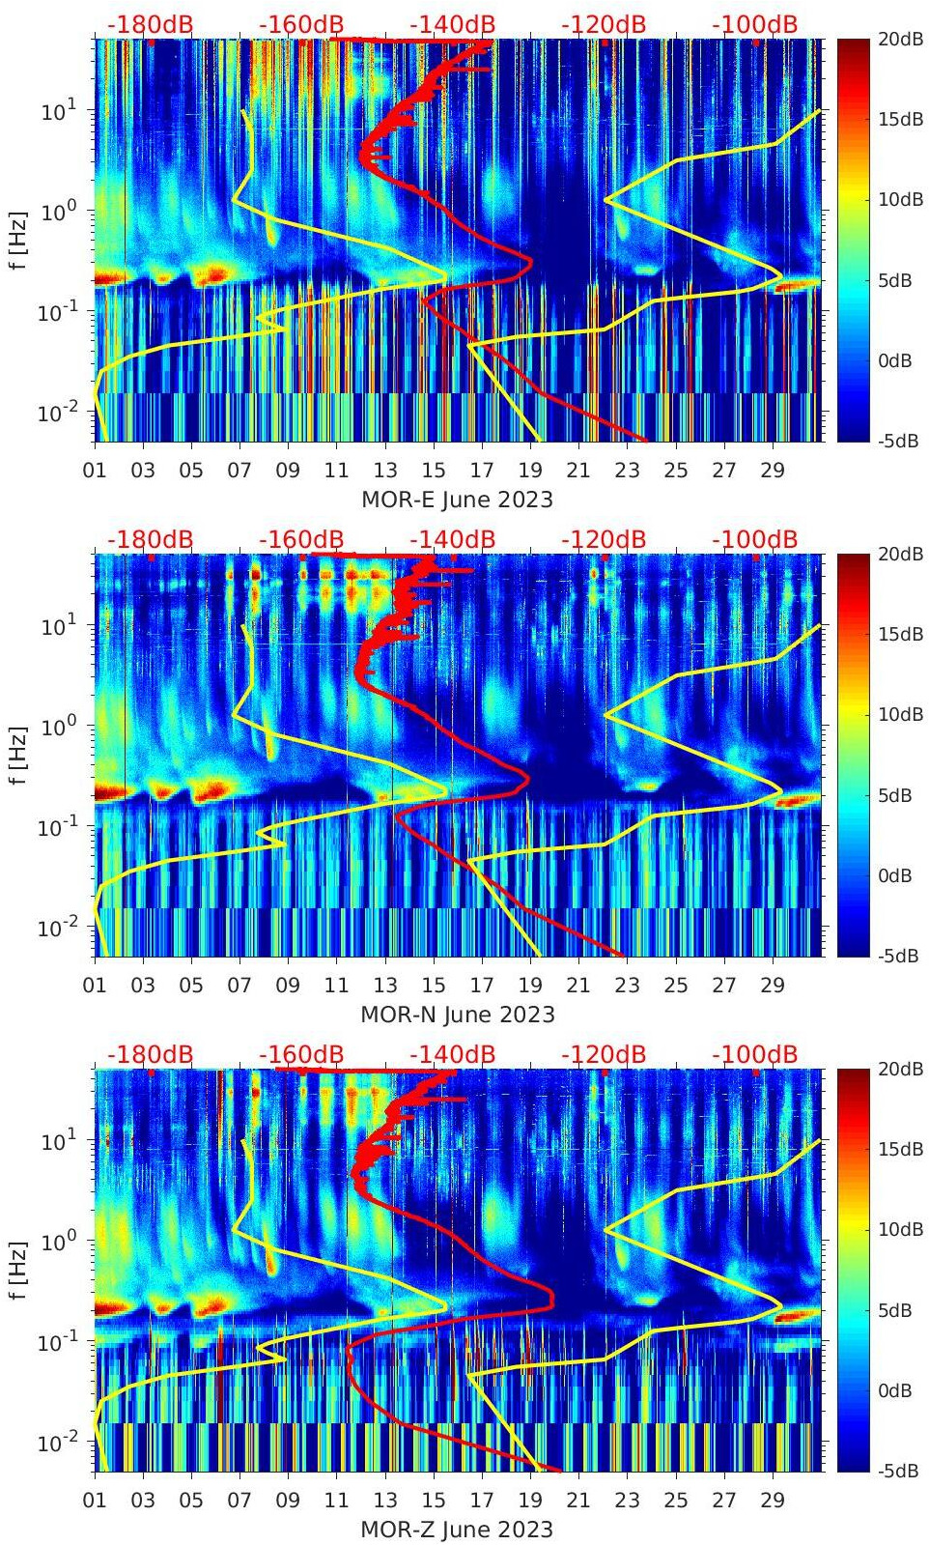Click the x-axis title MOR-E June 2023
click(457, 500)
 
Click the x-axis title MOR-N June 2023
click(457, 1015)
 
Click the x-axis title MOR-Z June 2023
click(457, 1530)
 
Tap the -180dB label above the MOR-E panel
click(150, 24)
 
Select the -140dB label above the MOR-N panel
click(452, 539)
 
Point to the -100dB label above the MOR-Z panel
click(755, 1054)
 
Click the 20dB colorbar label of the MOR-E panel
click(899, 39)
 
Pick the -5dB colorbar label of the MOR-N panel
click(899, 956)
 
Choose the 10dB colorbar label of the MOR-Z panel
click(899, 1229)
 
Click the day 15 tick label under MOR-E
click(434, 471)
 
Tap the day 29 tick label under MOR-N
click(773, 986)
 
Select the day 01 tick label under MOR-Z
click(95, 1501)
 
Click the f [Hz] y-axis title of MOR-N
click(16, 755)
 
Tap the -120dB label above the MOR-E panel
click(604, 24)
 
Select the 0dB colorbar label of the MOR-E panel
click(899, 360)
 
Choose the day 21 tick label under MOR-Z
click(578, 1501)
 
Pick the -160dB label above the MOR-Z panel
click(301, 1054)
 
